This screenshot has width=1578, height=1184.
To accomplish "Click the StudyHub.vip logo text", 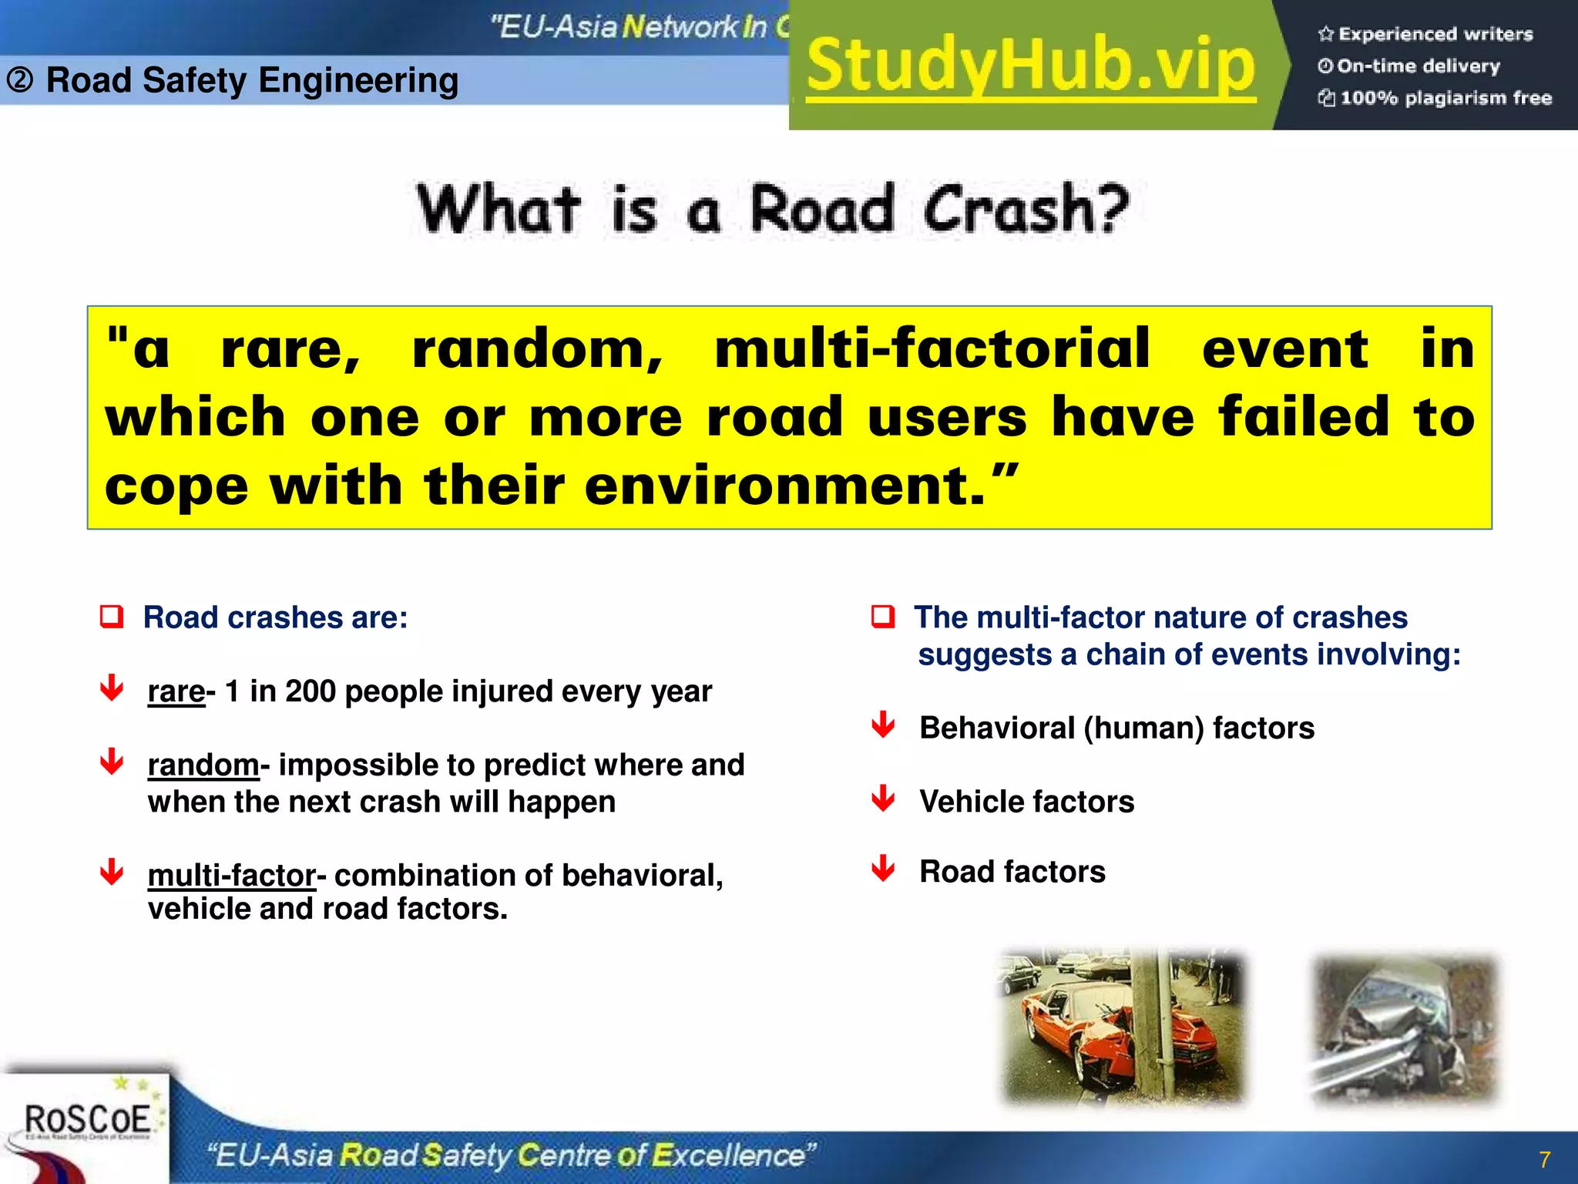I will [x=1031, y=66].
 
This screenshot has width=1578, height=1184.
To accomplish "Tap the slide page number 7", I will [x=1544, y=1159].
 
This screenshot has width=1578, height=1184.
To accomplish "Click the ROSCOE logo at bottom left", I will [x=86, y=1119].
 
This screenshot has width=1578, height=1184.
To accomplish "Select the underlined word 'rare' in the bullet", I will [x=176, y=691].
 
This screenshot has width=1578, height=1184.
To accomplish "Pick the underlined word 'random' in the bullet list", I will [x=203, y=765].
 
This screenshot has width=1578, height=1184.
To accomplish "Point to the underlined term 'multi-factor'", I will [x=231, y=876].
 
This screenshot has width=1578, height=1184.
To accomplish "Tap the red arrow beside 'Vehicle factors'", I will [x=883, y=799].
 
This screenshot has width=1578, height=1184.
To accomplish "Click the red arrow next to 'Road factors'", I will [x=883, y=869].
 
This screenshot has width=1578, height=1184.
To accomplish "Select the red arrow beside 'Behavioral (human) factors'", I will [x=883, y=725].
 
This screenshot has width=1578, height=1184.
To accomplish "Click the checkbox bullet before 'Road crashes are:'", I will [x=112, y=617].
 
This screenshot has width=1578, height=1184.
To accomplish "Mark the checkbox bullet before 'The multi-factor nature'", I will [x=883, y=617].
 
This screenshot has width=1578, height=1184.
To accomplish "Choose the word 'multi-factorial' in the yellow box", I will [x=932, y=349].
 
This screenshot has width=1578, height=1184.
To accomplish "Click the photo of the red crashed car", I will [x=1122, y=1028].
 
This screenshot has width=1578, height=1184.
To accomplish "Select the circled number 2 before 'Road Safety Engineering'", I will [x=20, y=79].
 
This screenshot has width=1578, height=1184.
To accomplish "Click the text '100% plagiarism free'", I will [x=1445, y=98].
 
